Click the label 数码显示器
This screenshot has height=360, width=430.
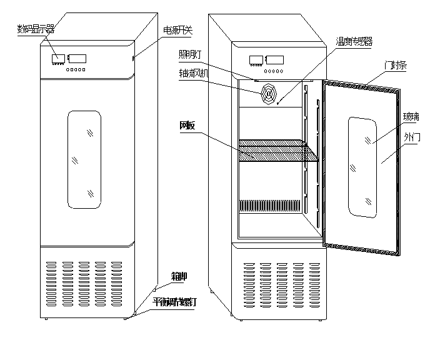pos(36,28)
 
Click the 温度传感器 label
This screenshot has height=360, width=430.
pos(353,41)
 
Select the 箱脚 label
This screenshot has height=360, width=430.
pos(179,275)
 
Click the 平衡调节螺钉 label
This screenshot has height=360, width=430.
pos(176,301)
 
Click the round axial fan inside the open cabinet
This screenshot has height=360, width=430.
pos(268,93)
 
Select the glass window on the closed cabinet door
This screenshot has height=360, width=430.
pos(84,159)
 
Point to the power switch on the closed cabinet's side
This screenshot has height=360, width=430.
pos(133,58)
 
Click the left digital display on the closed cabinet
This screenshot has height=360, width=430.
pos(59,59)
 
